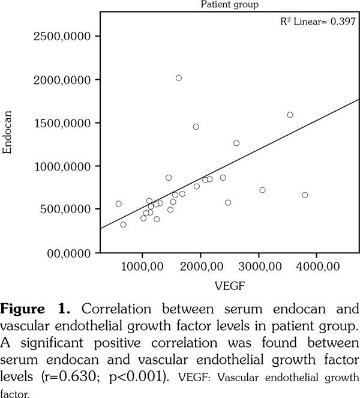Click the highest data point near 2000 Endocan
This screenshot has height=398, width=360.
click(179, 78)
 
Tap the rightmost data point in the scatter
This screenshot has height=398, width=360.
click(305, 195)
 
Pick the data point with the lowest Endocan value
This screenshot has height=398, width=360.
click(124, 225)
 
